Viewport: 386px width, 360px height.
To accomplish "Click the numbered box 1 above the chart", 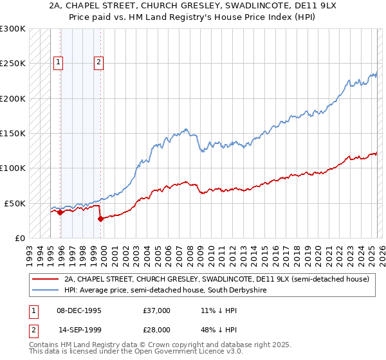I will point(58,62).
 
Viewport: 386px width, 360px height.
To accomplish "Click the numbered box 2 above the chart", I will point(99,62).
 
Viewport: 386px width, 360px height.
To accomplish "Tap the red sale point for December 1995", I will point(60,212).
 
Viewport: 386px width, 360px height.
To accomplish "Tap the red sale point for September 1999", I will point(100,219).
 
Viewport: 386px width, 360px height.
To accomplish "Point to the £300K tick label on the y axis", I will point(13,29).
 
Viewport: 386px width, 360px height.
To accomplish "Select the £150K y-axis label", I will point(13,133).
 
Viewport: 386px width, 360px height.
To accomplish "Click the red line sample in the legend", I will point(46,280).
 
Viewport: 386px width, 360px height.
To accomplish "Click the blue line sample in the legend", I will point(46,291).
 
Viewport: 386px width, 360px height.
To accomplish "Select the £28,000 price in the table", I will point(156,328).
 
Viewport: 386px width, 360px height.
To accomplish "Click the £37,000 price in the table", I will point(156,310).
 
